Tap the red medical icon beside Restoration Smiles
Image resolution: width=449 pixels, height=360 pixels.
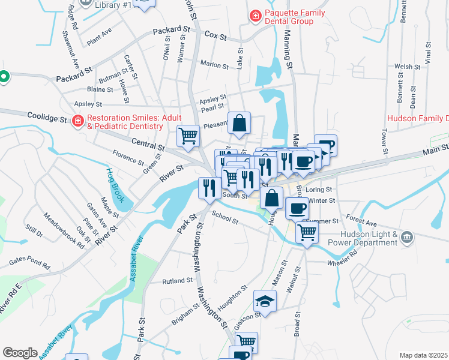[x=77, y=122]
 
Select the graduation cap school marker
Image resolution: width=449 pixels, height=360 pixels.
[x=265, y=301]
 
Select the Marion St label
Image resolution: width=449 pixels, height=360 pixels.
[x=215, y=64]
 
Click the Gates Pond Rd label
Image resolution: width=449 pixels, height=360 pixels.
[x=30, y=262]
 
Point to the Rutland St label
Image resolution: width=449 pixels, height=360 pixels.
[x=176, y=280]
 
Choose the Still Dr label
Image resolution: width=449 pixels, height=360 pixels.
[x=34, y=231]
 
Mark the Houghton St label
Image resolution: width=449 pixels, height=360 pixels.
[x=233, y=298]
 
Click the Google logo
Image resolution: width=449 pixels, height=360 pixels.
[x=20, y=353]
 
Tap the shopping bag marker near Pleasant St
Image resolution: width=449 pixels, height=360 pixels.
[x=239, y=124]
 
